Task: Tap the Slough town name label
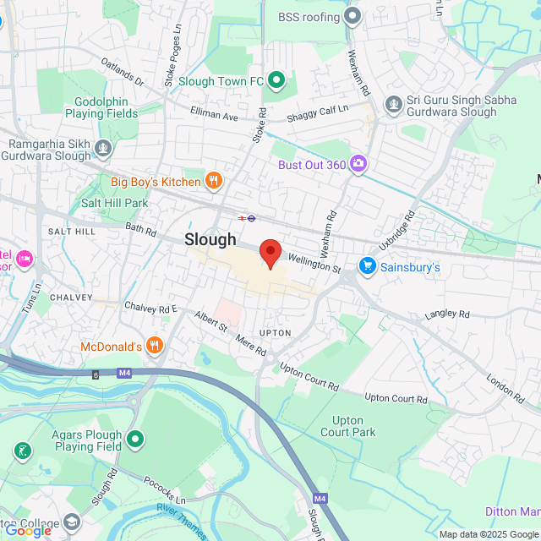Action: click(210, 239)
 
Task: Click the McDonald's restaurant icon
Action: click(154, 345)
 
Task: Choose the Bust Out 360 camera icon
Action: click(358, 164)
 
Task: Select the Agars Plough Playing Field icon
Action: click(135, 440)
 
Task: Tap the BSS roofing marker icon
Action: click(352, 16)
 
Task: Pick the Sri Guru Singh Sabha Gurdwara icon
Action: click(392, 104)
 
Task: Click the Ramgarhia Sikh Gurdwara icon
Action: click(103, 150)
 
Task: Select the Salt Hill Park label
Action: click(114, 203)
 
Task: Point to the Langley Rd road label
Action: click(447, 314)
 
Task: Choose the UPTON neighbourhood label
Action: click(276, 333)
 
